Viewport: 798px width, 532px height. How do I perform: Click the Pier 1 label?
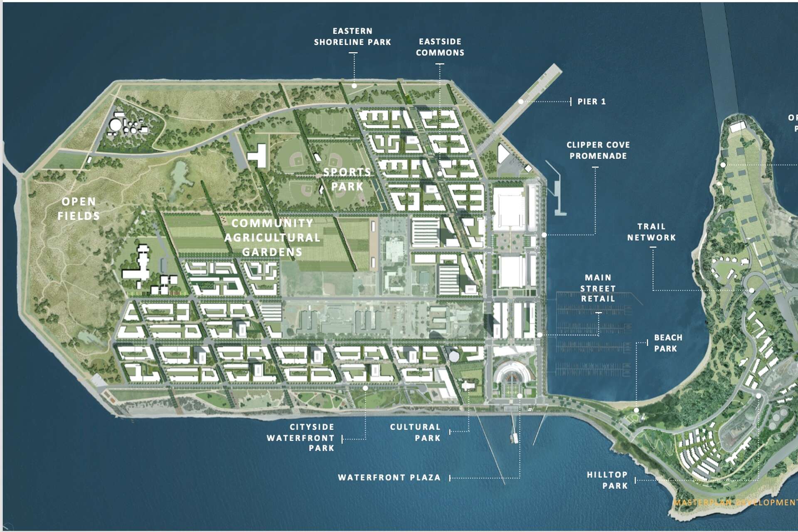tap(591, 101)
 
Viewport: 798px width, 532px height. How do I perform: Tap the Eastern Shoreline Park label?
tap(352, 37)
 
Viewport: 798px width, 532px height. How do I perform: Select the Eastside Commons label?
tap(440, 47)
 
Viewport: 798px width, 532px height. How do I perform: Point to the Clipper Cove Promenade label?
tap(598, 150)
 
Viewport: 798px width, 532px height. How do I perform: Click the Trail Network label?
tap(651, 232)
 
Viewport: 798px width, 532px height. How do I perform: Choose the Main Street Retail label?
tap(598, 288)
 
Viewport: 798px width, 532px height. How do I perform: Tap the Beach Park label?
tap(668, 343)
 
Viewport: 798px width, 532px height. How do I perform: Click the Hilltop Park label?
tap(607, 480)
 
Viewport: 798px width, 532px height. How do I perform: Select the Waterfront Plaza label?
tap(389, 478)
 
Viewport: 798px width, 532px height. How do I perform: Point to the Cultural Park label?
tap(415, 432)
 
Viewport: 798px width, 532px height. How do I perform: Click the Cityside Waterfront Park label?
tap(300, 437)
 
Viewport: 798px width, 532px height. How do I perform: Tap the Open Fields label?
tap(79, 209)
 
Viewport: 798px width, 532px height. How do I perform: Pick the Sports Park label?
tap(347, 179)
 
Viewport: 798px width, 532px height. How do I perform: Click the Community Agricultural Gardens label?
tap(272, 237)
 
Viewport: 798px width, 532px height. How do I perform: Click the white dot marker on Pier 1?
tap(521, 102)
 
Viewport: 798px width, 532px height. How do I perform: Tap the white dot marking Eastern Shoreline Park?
tap(354, 86)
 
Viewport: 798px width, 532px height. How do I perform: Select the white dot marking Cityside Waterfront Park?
tap(365, 388)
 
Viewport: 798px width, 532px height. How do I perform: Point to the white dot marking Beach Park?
tap(636, 410)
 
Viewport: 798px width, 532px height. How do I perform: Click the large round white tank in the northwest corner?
tap(116, 124)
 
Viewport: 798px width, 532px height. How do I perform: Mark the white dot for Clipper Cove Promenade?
tap(544, 235)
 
